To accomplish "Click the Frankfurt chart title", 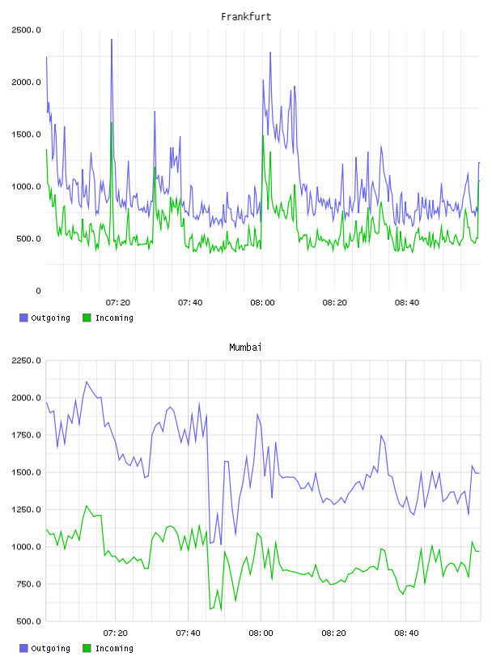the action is pos(246,16).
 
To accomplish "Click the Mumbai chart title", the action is pos(245,347).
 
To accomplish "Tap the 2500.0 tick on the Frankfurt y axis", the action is pos(26,30).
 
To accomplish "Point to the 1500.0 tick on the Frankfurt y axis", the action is pos(26,134).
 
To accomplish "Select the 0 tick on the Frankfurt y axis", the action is pos(38,291).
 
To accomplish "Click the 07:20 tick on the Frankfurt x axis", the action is pos(118,302).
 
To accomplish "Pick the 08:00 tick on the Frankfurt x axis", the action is pos(262,302).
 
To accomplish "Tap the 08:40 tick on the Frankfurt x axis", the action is pos(407,302).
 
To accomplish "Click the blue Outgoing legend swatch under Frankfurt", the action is pos(23,318).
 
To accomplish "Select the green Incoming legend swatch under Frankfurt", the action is pos(87,318).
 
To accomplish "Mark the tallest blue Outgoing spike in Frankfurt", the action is pos(112,40).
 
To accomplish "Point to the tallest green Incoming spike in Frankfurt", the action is pos(112,123).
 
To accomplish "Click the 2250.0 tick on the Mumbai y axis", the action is pos(26,360).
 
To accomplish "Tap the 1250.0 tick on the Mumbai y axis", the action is pos(26,510).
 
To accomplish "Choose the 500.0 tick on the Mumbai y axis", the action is pos(26,621).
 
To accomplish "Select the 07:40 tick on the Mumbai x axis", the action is pos(189,633).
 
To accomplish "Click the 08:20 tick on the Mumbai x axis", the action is pos(333,633).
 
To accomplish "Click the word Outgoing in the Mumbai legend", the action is pos(50,648).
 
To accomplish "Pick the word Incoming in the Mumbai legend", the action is pos(114,648).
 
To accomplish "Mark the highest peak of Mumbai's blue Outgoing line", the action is pos(87,382).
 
